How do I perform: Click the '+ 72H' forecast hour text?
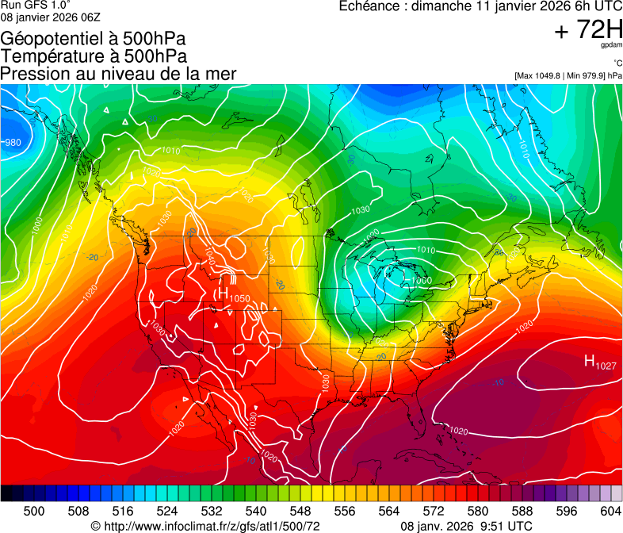pos(588,31)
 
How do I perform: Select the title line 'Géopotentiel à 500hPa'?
pos(94,39)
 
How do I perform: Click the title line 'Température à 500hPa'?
pos(94,56)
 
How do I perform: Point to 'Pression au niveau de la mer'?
pos(118,74)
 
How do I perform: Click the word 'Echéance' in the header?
pos(369,7)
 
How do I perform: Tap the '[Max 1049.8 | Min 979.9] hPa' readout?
pos(568,76)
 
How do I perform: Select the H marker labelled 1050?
pos(224,294)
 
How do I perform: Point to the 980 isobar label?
pos(13,143)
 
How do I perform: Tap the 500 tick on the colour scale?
pos(34,511)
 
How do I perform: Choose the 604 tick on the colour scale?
pos(610,511)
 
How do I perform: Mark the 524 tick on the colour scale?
pos(167,511)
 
